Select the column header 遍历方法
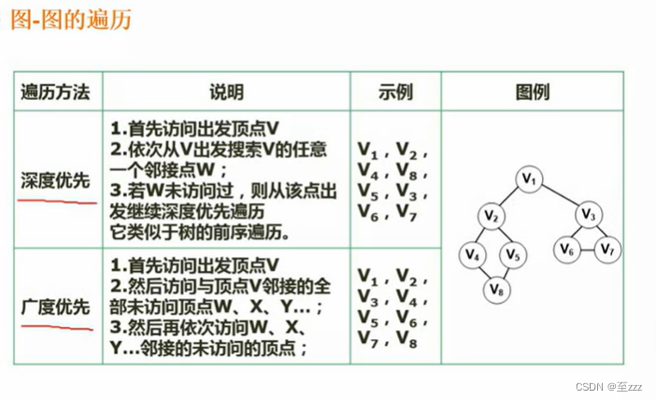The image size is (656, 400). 56,92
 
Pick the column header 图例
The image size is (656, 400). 532,92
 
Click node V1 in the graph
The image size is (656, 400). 531,178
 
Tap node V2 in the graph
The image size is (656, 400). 492,216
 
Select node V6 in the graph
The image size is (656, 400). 566,249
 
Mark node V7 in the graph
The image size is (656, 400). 607,249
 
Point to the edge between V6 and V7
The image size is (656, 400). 587,249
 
